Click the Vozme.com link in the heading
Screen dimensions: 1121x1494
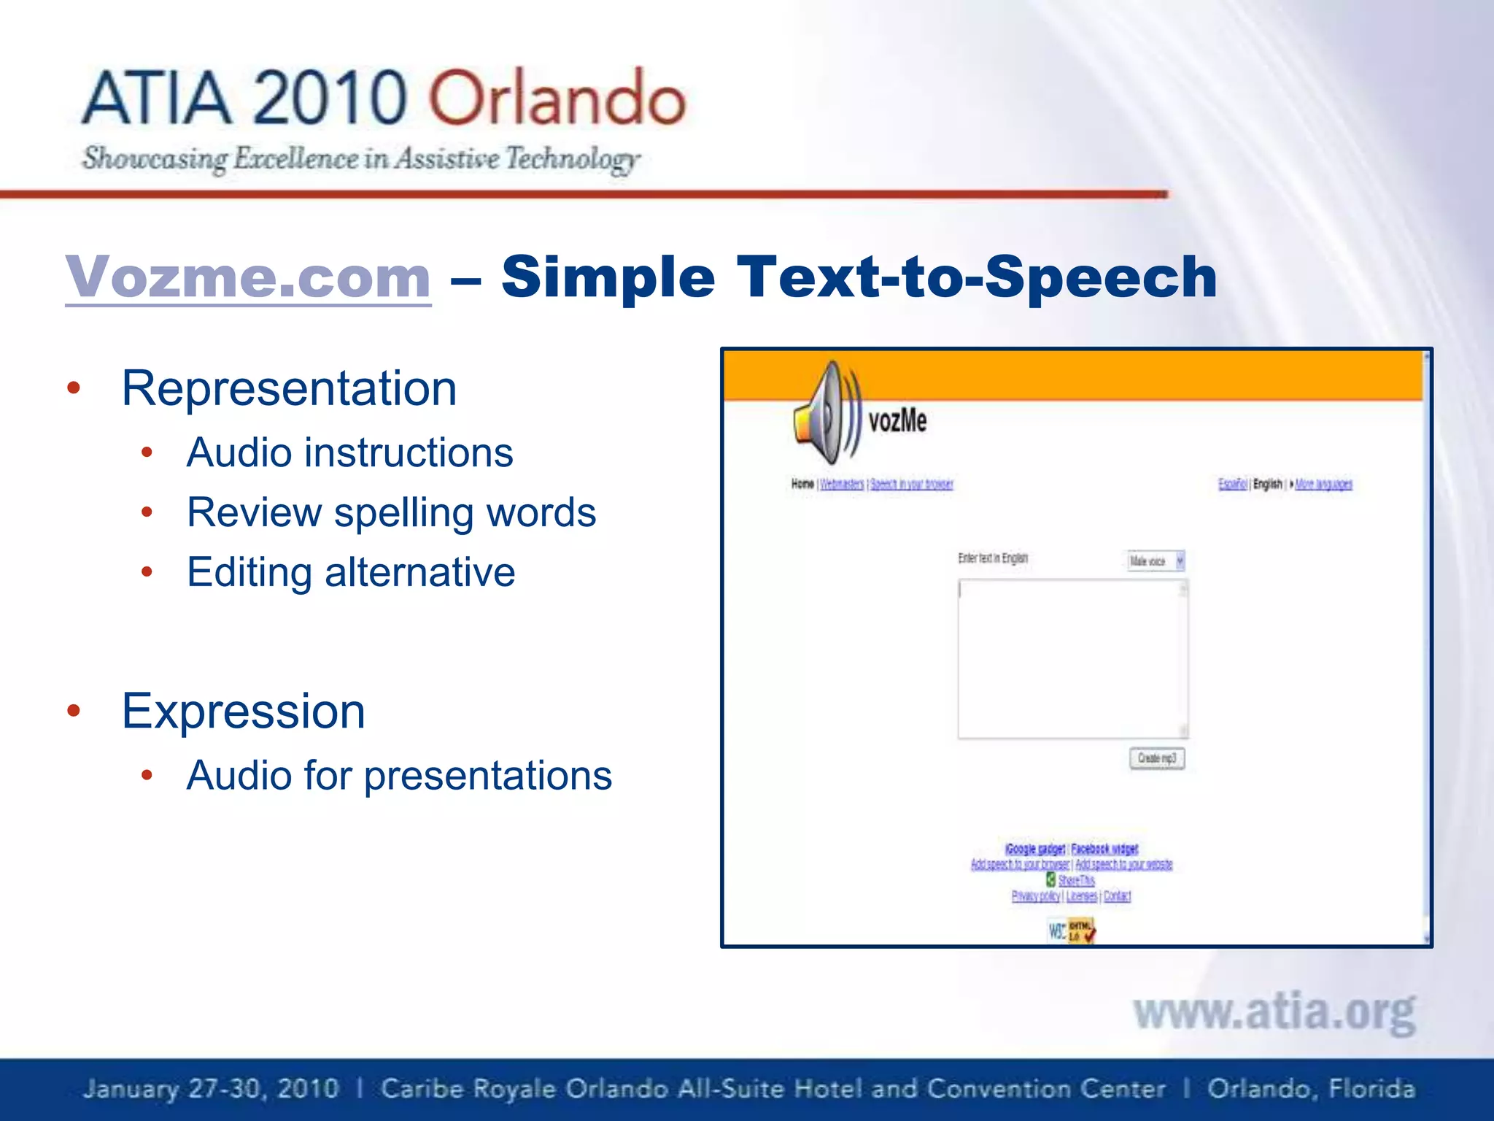[248, 277]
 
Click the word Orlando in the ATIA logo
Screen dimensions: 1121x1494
[557, 99]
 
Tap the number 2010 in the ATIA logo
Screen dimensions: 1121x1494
[330, 99]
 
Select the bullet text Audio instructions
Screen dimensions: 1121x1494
[350, 452]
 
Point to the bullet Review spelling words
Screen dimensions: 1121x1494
[392, 512]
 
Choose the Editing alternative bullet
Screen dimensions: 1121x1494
[351, 572]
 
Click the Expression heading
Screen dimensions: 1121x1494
[244, 711]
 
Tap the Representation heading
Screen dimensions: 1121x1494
[290, 388]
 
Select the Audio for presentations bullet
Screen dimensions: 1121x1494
[399, 775]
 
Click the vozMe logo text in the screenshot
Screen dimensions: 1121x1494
[897, 421]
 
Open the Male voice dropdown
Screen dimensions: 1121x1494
[1156, 561]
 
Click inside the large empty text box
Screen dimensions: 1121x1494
[1072, 659]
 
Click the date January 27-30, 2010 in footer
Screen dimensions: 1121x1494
[211, 1089]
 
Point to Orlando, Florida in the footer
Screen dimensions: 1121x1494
[1311, 1089]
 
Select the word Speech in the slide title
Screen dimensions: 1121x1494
[1102, 278]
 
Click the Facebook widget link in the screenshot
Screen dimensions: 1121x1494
[1104, 849]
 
